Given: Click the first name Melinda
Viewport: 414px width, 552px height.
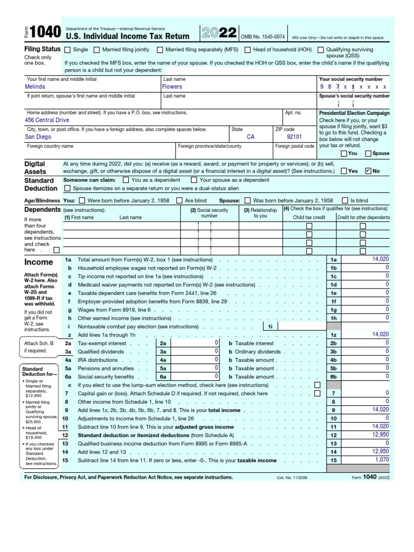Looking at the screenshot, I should click(35, 87).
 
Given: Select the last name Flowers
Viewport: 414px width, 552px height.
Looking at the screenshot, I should click(172, 87).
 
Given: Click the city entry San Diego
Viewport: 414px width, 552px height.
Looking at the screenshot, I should click(38, 137).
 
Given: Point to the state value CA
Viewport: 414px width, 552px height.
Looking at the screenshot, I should click(251, 137).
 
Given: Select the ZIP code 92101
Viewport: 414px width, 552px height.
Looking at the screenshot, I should click(294, 137).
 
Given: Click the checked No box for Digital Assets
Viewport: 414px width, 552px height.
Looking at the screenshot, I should click(368, 171).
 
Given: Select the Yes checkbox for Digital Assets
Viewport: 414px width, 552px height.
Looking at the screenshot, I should click(344, 171).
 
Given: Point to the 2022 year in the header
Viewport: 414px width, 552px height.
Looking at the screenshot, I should click(219, 33).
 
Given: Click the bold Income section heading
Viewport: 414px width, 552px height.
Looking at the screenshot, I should click(39, 263).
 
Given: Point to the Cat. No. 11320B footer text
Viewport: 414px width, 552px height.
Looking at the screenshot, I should click(293, 478).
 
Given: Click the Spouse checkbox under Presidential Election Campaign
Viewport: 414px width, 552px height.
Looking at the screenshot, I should click(368, 154).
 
